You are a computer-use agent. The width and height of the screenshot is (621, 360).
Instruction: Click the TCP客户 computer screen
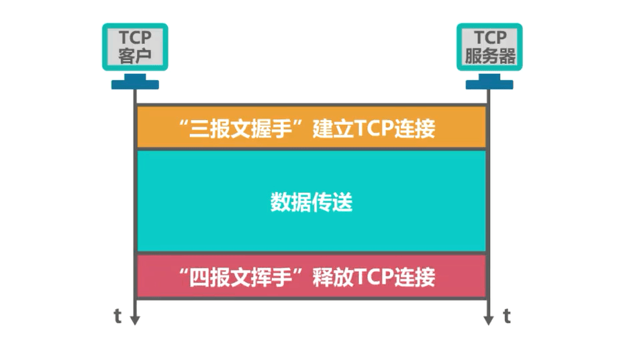point(135,47)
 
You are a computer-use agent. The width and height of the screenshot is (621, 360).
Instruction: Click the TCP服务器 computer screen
point(489,47)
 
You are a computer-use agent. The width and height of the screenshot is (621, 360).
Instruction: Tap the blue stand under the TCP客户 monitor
point(135,81)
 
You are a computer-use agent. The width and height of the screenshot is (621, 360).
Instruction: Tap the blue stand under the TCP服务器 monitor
point(489,81)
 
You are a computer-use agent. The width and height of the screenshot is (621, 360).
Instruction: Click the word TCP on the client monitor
point(135,38)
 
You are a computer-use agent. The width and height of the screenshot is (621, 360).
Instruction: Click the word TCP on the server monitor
point(490,38)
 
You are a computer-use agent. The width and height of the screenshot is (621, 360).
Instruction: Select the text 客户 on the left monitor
point(135,56)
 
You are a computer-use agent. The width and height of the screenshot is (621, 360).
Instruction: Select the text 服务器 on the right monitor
point(490,56)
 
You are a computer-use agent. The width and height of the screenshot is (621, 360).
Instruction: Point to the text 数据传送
point(312,202)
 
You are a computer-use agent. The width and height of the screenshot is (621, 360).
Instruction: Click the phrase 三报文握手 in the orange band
point(240,128)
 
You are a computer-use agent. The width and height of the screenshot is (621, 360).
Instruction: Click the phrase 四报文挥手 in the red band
point(240,277)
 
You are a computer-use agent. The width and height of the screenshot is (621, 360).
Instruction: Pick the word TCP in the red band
point(374,277)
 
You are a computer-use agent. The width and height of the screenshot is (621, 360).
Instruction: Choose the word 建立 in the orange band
point(333,128)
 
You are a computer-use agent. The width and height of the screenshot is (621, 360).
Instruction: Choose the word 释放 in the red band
point(333,277)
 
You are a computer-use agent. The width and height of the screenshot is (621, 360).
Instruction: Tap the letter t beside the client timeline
point(117,316)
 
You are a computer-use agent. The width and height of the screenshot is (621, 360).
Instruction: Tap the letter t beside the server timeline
point(507,316)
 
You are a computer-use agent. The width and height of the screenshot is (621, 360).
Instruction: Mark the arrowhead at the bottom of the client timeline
point(135,320)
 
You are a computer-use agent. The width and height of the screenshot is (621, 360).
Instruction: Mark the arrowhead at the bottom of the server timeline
point(488,320)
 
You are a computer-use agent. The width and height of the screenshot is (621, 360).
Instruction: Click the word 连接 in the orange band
point(415,128)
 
